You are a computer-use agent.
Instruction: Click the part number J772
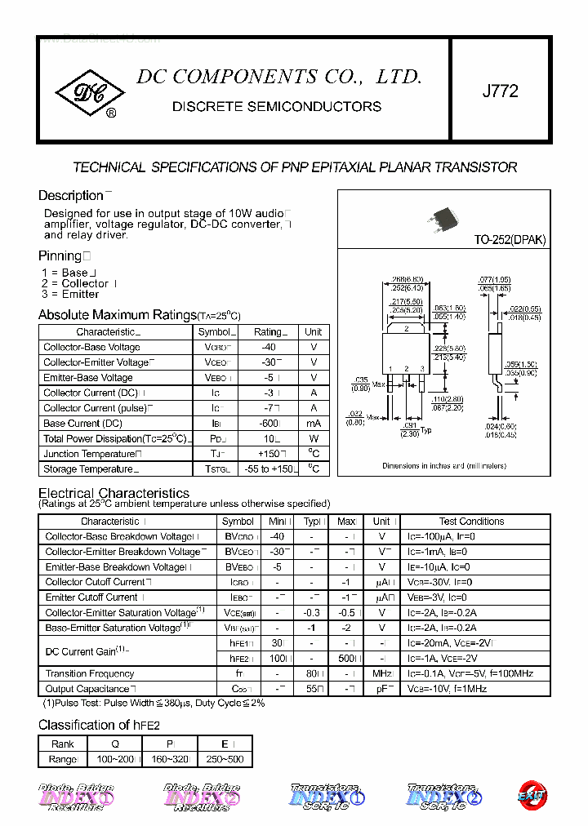tap(500, 91)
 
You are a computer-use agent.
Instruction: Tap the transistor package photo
tap(442, 219)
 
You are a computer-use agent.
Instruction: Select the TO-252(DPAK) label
tap(510, 240)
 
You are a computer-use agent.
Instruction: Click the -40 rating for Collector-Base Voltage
tap(268, 347)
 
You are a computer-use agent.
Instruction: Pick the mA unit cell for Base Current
tap(313, 424)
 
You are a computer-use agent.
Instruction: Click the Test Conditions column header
tap(471, 522)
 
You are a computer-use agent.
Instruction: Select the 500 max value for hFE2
tap(345, 658)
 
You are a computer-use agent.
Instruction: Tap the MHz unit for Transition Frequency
tap(381, 673)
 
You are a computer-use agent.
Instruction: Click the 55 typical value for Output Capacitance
tap(310, 689)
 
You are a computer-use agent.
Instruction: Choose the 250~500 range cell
tap(225, 759)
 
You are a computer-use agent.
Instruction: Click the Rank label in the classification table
tap(63, 744)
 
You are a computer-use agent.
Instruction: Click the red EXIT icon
tap(532, 793)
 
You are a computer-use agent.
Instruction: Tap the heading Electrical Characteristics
tap(114, 493)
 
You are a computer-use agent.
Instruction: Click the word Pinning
tap(60, 255)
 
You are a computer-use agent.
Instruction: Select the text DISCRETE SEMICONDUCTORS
tap(277, 107)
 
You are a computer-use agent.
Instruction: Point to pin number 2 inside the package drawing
tap(406, 329)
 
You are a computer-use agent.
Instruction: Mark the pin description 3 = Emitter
tap(70, 294)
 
